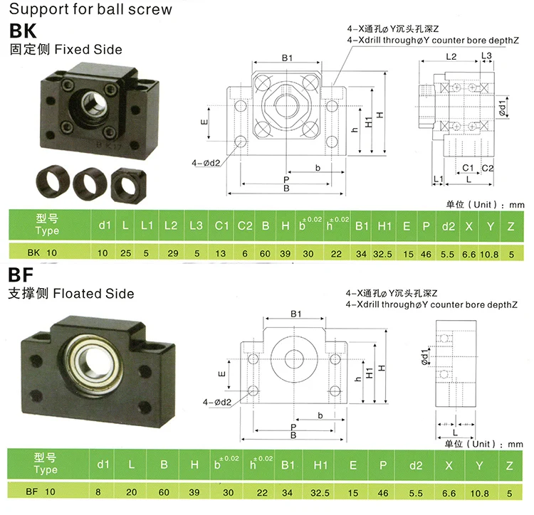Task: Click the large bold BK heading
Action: pos(23,31)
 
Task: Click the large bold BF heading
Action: pos(21,275)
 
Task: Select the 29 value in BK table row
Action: pos(173,253)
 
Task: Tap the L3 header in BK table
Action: pos(197,225)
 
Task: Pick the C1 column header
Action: pos(221,225)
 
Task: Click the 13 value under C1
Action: pos(220,254)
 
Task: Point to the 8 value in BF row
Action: pos(98,492)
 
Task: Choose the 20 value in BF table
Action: pos(132,492)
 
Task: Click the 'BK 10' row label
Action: pos(42,253)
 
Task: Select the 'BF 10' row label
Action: pos(41,492)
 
